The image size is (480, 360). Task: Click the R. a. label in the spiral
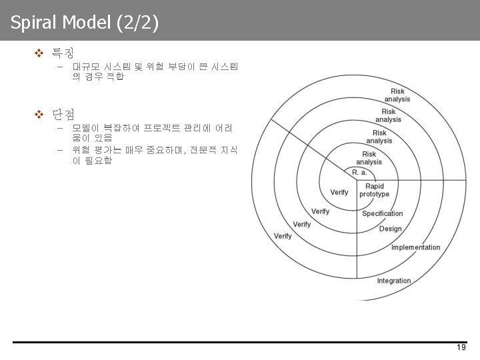pyautogui.click(x=359, y=173)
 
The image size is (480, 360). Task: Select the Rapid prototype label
pyautogui.click(x=374, y=190)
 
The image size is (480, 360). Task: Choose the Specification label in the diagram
pyautogui.click(x=382, y=214)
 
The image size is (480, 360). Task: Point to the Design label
pyautogui.click(x=391, y=229)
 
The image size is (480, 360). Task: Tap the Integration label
pyautogui.click(x=394, y=281)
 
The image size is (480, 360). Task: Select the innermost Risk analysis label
pyautogui.click(x=369, y=158)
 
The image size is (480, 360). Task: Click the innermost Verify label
pyautogui.click(x=339, y=192)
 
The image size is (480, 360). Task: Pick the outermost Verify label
pyautogui.click(x=283, y=236)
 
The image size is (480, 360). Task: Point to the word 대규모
pyautogui.click(x=86, y=67)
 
